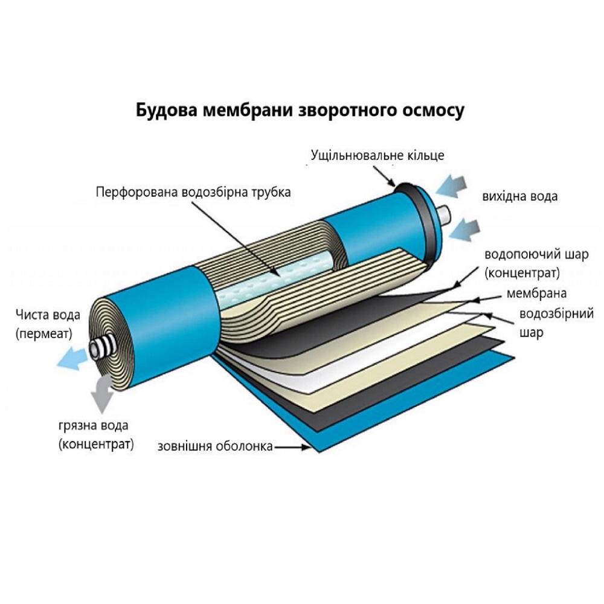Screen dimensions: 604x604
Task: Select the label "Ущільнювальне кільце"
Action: pos(377,155)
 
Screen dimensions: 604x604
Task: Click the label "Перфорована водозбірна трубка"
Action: pos(193,192)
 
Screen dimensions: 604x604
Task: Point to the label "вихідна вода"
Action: pos(520,196)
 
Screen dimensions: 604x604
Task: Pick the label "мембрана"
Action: pos(536,294)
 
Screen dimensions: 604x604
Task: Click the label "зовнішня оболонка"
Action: pos(216,446)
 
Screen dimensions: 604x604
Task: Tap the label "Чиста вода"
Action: pos(48,315)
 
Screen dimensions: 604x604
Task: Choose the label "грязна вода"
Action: pos(94,426)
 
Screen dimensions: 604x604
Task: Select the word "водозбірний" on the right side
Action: pos(557,313)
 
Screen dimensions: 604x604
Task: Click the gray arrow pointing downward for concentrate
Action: pos(102,394)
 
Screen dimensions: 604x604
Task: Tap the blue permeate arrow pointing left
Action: pos(72,358)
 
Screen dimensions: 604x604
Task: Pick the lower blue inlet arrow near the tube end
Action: pos(464,230)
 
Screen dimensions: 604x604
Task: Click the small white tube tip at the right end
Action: pos(446,216)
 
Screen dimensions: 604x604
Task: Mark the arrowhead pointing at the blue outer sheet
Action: pos(306,447)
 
